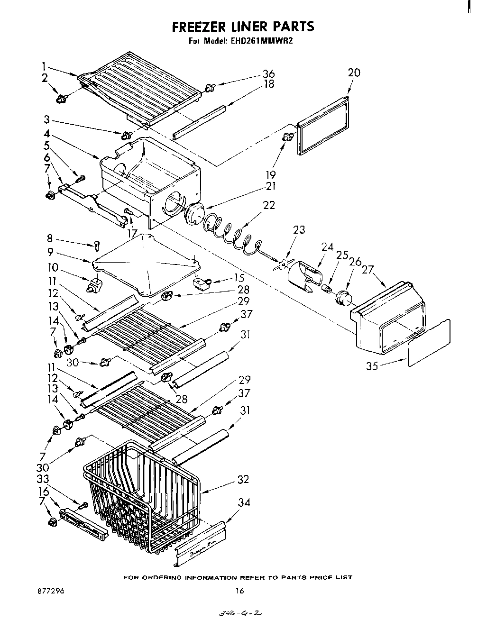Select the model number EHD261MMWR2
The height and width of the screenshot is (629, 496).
coord(268,41)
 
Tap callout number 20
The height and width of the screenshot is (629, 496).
coord(354,73)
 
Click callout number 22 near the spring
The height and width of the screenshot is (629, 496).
coord(269,205)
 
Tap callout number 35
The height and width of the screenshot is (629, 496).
coord(372,365)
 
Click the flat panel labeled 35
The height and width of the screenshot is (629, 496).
coord(429,342)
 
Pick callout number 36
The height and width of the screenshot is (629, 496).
coord(269,74)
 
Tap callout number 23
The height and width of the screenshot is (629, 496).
coord(299,229)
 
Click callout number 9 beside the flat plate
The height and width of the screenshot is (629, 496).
coord(50,252)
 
